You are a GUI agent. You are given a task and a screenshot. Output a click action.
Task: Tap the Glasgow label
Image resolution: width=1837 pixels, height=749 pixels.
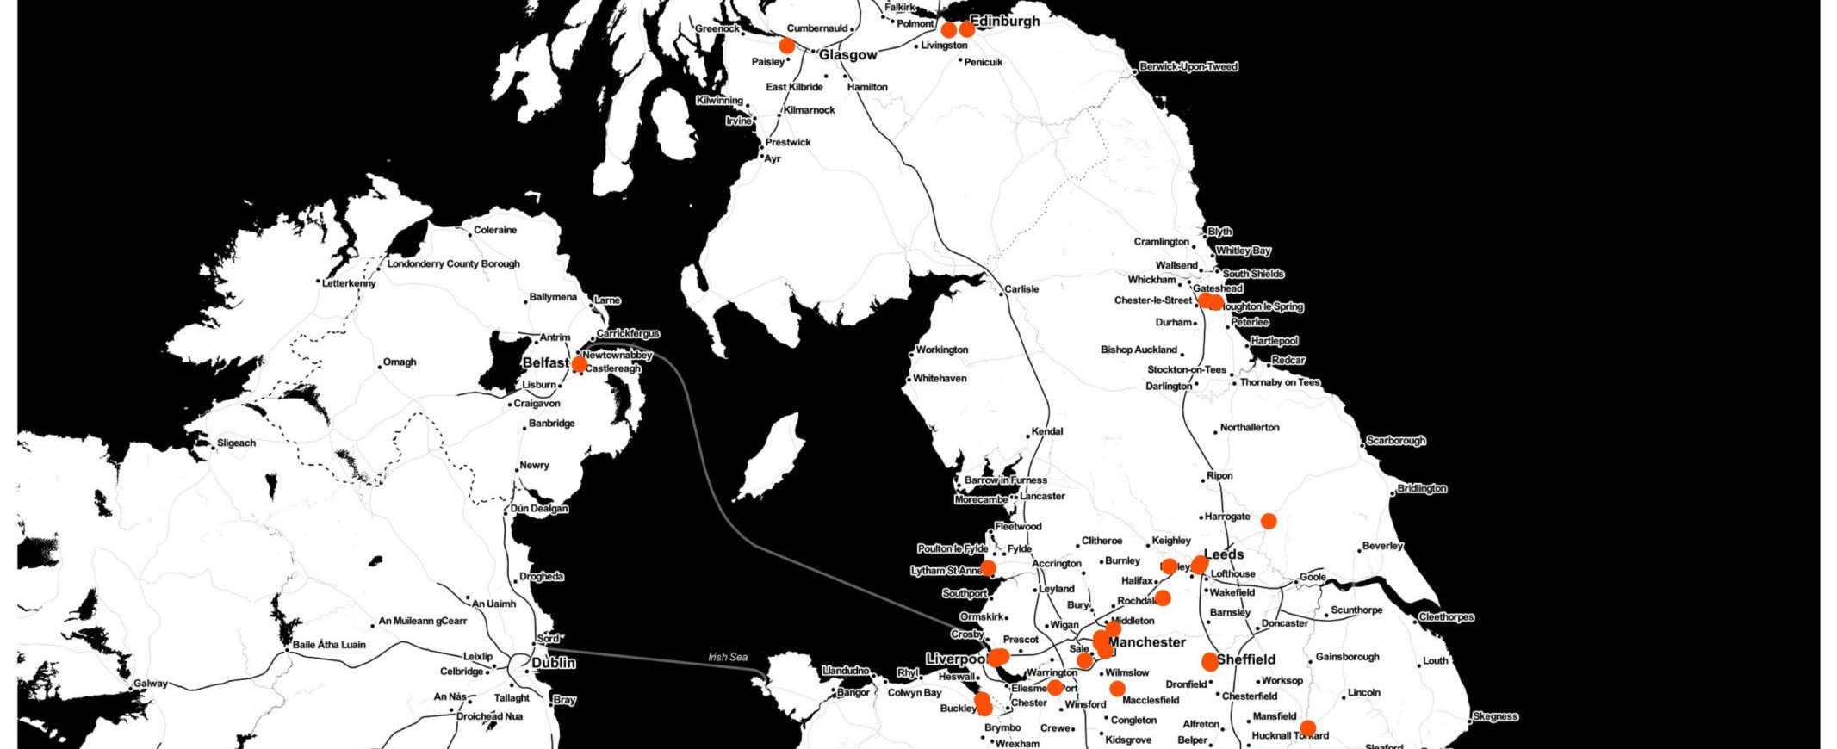pyautogui.click(x=847, y=55)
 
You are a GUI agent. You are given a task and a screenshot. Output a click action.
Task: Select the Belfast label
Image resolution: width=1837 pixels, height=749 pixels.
pyautogui.click(x=545, y=363)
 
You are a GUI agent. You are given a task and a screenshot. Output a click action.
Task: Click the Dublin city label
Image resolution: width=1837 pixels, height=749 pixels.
pyautogui.click(x=553, y=664)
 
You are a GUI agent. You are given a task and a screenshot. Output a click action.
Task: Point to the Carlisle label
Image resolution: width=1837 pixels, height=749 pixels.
pyautogui.click(x=1021, y=289)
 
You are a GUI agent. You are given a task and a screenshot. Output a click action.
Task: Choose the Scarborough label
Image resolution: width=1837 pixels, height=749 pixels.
pyautogui.click(x=1396, y=441)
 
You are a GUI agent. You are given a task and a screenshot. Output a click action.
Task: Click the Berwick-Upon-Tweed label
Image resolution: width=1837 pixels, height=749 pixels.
pyautogui.click(x=1188, y=67)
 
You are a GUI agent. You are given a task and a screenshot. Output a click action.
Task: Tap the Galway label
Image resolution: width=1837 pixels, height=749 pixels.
pyautogui.click(x=151, y=684)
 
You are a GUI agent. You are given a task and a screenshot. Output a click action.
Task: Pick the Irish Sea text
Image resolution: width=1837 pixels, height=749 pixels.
pyautogui.click(x=728, y=658)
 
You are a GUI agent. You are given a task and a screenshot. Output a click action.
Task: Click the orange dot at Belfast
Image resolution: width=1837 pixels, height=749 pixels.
pyautogui.click(x=580, y=365)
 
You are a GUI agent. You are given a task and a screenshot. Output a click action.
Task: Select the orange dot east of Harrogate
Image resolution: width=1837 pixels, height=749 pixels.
pyautogui.click(x=1269, y=521)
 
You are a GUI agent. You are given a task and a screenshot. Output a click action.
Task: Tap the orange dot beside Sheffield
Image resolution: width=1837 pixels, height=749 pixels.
pyautogui.click(x=1210, y=662)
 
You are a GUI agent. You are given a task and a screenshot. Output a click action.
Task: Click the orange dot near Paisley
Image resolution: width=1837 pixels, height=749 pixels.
pyautogui.click(x=786, y=46)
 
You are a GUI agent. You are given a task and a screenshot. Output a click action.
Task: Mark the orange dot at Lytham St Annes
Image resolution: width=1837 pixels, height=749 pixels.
pyautogui.click(x=988, y=567)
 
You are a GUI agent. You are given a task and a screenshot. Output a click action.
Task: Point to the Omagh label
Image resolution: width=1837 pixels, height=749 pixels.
pyautogui.click(x=400, y=362)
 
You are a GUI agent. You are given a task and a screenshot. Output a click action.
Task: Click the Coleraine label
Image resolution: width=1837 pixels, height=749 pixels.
pyautogui.click(x=495, y=231)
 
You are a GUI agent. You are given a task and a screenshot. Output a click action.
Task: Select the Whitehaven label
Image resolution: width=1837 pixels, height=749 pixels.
pyautogui.click(x=940, y=379)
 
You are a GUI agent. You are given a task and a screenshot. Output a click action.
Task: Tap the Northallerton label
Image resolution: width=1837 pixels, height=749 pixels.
pyautogui.click(x=1250, y=428)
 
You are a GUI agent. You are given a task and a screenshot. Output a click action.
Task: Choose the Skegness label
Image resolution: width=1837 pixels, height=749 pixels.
pyautogui.click(x=1496, y=716)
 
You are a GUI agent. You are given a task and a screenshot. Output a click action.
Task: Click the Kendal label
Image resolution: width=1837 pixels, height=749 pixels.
pyautogui.click(x=1047, y=431)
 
